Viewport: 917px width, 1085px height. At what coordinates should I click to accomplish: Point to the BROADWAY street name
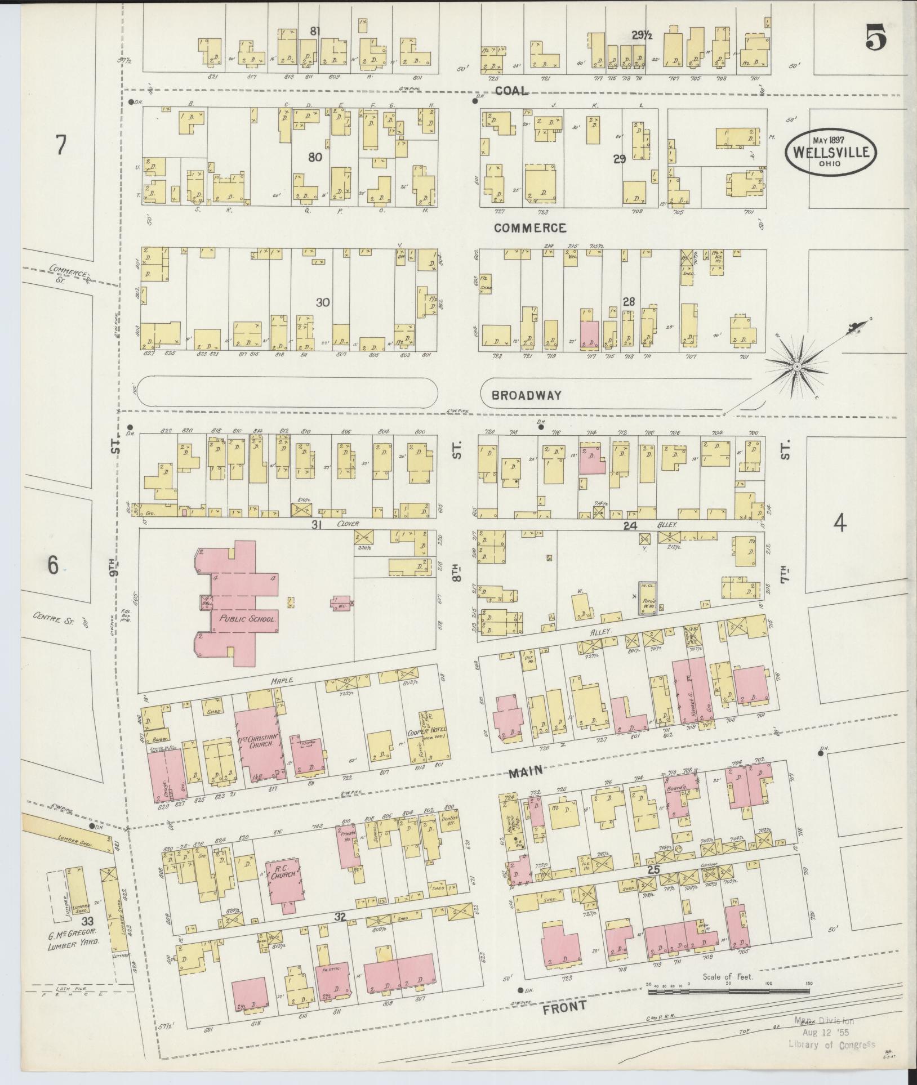coord(526,395)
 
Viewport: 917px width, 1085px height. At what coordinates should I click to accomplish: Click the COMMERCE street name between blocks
coord(529,228)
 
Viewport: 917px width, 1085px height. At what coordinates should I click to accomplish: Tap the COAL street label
coord(511,91)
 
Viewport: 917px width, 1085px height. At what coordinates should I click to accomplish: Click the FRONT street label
coord(564,1006)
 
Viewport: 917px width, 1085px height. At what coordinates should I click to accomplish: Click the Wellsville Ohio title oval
coord(831,152)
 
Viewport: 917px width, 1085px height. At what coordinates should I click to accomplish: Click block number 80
coord(315,157)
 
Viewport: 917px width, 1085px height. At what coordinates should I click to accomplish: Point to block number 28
coord(629,302)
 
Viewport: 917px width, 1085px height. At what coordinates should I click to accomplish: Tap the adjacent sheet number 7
coord(60,146)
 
